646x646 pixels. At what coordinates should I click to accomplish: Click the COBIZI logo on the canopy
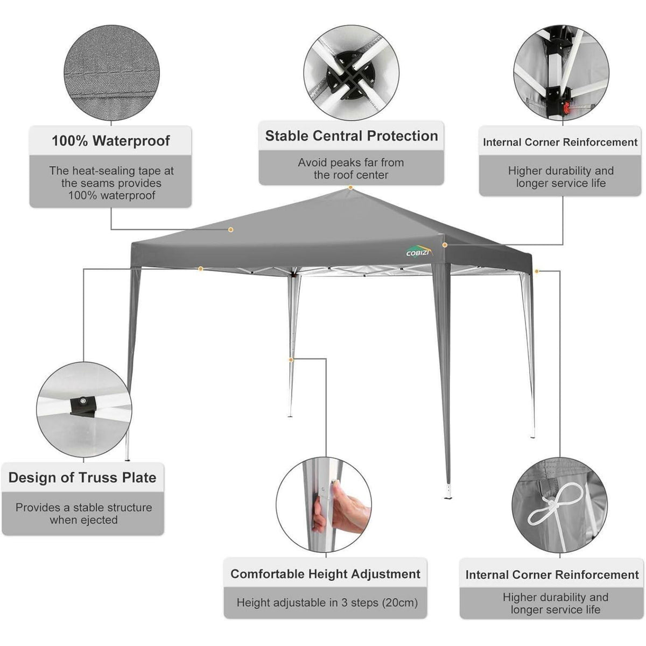(419, 252)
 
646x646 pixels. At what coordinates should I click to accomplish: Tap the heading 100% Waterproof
(111, 141)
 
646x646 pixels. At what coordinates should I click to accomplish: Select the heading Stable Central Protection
(352, 136)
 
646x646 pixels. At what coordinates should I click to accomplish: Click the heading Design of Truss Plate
(82, 478)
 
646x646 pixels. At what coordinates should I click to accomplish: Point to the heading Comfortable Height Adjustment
(325, 574)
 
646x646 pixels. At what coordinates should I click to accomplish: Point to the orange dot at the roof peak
(350, 188)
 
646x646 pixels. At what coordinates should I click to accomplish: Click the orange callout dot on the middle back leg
(291, 360)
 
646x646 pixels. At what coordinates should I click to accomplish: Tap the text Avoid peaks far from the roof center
(351, 168)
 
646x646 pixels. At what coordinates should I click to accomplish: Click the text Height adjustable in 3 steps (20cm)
(327, 603)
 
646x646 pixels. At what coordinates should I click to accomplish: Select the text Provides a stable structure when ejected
(84, 514)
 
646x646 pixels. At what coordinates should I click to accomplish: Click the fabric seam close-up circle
(111, 73)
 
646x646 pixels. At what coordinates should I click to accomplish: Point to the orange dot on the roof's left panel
(230, 230)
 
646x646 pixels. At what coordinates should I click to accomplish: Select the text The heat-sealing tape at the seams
(111, 177)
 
